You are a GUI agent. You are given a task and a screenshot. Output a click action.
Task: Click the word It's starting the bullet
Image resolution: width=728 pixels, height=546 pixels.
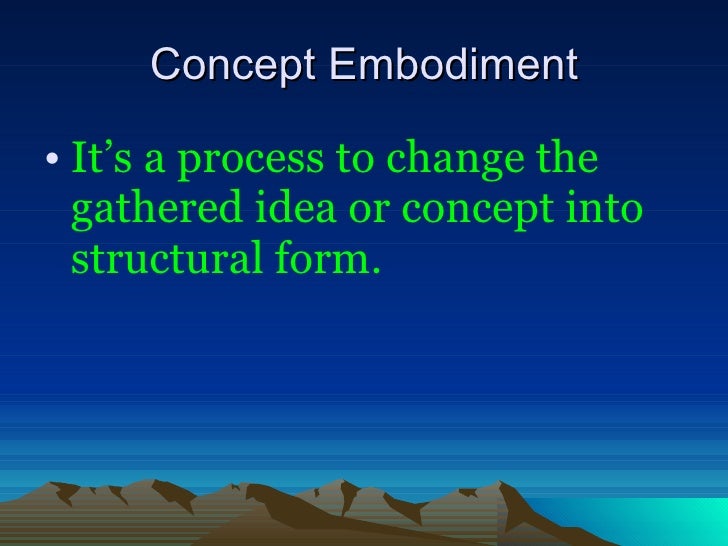[x=97, y=160]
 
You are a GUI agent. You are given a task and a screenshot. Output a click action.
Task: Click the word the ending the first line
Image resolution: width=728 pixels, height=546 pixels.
[x=567, y=160]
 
